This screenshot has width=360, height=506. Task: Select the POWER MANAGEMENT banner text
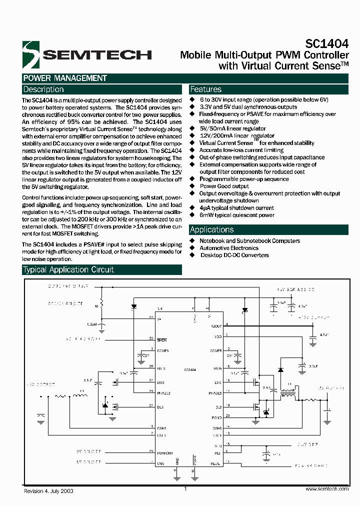click(65, 78)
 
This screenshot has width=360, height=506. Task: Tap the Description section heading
click(44, 89)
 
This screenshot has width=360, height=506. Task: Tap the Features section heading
click(206, 89)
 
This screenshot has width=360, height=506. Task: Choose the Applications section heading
click(212, 229)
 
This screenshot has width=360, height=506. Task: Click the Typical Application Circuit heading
click(68, 269)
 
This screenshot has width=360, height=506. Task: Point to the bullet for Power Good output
click(192, 186)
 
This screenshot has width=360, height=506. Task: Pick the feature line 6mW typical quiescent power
click(237, 215)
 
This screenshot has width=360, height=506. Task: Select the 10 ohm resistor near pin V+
click(102, 304)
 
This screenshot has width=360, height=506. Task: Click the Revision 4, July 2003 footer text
click(49, 491)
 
